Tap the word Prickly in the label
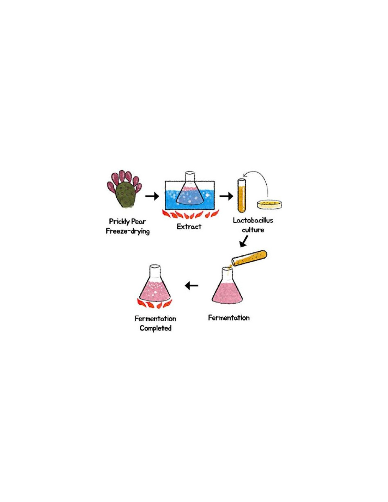119,222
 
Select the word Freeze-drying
128,231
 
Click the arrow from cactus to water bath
152,196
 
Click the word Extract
189,227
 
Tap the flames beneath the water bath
190,214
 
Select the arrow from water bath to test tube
226,196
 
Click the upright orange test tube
242,196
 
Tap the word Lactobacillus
253,220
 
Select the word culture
253,230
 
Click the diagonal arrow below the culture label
244,241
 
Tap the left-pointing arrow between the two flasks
192,285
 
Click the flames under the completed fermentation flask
154,304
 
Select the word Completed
155,328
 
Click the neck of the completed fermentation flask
155,272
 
